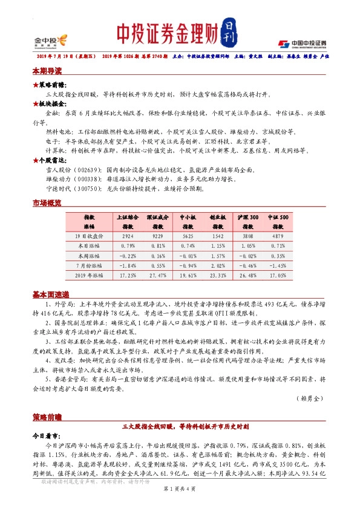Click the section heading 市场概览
(x=47, y=204)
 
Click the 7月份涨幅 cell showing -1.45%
(x=278, y=265)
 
